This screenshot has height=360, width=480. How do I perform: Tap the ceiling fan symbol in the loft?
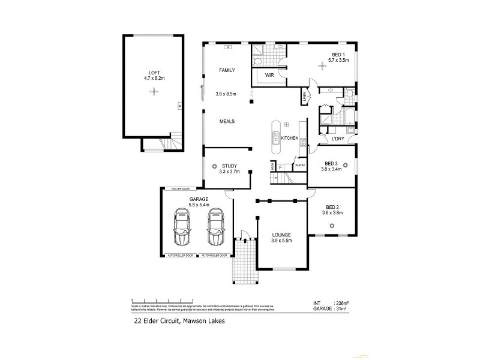coord(154,92)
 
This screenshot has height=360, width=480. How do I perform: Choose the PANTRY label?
coord(299,165)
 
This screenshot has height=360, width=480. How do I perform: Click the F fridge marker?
coord(280,167)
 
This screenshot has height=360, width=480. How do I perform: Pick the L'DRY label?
coord(338,139)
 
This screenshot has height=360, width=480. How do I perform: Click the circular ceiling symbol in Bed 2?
coord(332,226)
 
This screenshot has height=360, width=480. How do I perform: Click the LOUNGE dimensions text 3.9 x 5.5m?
coord(281,241)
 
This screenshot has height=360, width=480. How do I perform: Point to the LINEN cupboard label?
coord(305,95)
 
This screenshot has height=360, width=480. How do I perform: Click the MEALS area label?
coord(226,121)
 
